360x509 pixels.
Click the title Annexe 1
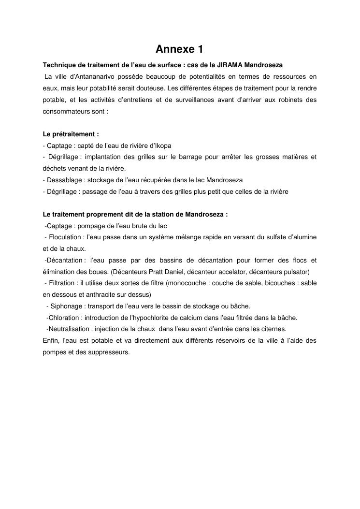(x=179, y=49)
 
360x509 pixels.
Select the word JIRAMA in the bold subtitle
(x=231, y=65)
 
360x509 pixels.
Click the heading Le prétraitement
(x=71, y=134)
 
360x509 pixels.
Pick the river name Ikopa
(x=163, y=145)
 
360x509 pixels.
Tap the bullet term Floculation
(x=65, y=237)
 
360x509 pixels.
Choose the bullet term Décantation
(x=64, y=261)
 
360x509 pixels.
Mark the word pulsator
(x=297, y=272)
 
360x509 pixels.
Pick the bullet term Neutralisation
(x=68, y=329)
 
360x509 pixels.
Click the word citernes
(x=274, y=329)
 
